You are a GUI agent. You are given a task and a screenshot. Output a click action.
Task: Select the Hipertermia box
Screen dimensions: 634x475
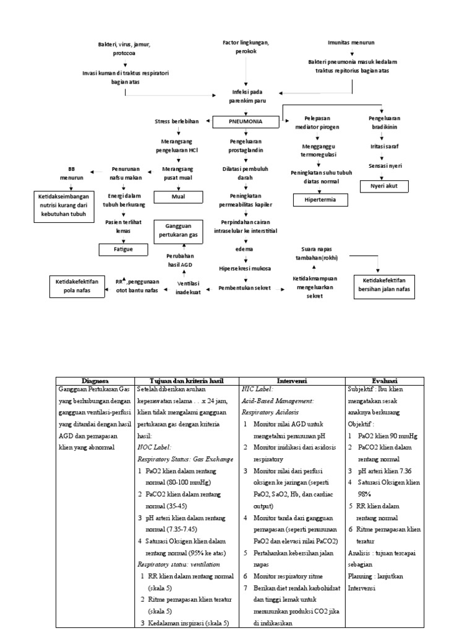(317, 200)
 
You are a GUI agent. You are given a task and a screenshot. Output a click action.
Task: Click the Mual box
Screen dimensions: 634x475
(178, 198)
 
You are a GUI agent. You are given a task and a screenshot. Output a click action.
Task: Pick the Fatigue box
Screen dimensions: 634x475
(124, 250)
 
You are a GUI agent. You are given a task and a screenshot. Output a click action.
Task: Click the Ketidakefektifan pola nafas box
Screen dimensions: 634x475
(77, 286)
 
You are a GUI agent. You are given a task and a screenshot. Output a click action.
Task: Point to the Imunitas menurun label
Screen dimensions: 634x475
(351, 43)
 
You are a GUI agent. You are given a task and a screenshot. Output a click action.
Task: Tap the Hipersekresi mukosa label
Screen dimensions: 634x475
(246, 269)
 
